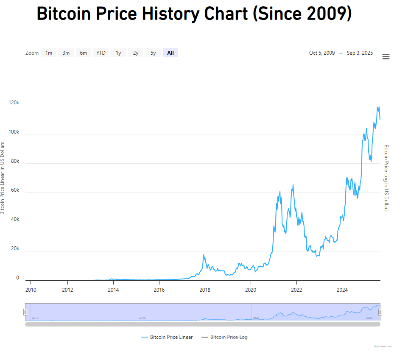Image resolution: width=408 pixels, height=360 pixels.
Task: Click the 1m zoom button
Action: click(49, 53)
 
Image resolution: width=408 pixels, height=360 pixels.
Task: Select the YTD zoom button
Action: click(101, 53)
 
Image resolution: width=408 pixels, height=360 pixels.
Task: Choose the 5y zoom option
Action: click(153, 53)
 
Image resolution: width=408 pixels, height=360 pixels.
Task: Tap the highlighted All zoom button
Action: click(170, 53)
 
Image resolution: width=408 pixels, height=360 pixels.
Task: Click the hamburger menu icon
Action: click(386, 57)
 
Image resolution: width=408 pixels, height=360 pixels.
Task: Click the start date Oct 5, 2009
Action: click(322, 53)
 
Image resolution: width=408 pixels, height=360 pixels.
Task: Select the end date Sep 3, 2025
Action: click(360, 53)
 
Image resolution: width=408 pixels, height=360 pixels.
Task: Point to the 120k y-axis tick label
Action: click(14, 103)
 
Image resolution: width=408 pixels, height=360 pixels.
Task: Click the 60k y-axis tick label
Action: click(15, 190)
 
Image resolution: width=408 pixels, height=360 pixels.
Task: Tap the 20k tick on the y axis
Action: click(15, 248)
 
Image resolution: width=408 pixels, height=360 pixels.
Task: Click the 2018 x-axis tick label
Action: click(205, 290)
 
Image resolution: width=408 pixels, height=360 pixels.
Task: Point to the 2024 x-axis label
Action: click(342, 290)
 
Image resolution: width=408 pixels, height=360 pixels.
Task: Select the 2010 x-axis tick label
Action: click(31, 290)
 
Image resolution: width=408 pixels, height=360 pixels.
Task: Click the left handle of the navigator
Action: click(25, 312)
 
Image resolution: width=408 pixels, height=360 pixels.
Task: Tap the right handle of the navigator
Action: click(380, 312)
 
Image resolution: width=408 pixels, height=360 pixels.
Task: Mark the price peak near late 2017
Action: click(204, 255)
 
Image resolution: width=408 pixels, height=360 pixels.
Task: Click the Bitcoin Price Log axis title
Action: click(386, 178)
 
